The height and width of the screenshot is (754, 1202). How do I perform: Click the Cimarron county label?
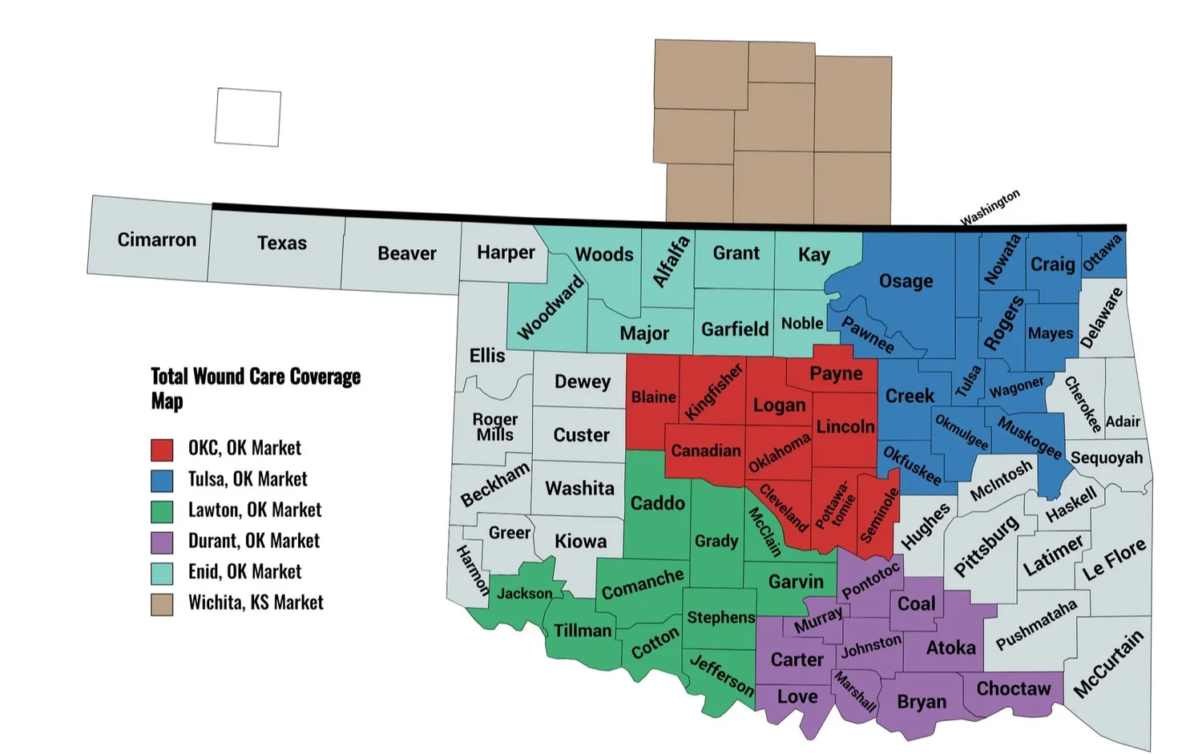pyautogui.click(x=156, y=240)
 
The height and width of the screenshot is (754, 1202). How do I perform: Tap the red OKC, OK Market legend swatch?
pyautogui.click(x=162, y=449)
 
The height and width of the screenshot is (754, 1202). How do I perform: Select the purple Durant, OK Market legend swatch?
pyautogui.click(x=162, y=542)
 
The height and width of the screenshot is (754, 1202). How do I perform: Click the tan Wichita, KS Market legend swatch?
pyautogui.click(x=162, y=604)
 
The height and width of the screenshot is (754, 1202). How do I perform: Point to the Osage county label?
pyautogui.click(x=906, y=281)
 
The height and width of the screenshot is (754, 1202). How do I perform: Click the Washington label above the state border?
pyautogui.click(x=990, y=208)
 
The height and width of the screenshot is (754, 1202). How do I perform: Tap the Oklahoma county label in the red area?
pyautogui.click(x=779, y=454)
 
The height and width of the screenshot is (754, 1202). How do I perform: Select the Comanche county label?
pyautogui.click(x=643, y=584)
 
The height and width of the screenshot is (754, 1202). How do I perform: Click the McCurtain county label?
pyautogui.click(x=1108, y=664)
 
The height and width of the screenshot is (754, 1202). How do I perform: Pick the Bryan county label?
pyautogui.click(x=921, y=702)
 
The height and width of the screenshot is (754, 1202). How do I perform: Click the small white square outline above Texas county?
pyautogui.click(x=248, y=117)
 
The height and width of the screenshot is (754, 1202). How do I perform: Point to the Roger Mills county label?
pyautogui.click(x=494, y=427)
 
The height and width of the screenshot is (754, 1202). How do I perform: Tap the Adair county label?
pyautogui.click(x=1122, y=421)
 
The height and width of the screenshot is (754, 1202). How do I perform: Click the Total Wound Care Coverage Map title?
pyautogui.click(x=256, y=388)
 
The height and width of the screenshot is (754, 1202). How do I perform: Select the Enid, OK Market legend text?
pyautogui.click(x=244, y=572)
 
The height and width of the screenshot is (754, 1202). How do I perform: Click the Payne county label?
pyautogui.click(x=836, y=373)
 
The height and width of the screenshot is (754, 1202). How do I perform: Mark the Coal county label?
pyautogui.click(x=916, y=604)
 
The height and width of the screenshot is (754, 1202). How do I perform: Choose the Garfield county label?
pyautogui.click(x=734, y=329)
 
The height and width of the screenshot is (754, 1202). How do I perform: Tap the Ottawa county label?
pyautogui.click(x=1102, y=253)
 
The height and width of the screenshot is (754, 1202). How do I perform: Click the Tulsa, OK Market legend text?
pyautogui.click(x=248, y=479)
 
